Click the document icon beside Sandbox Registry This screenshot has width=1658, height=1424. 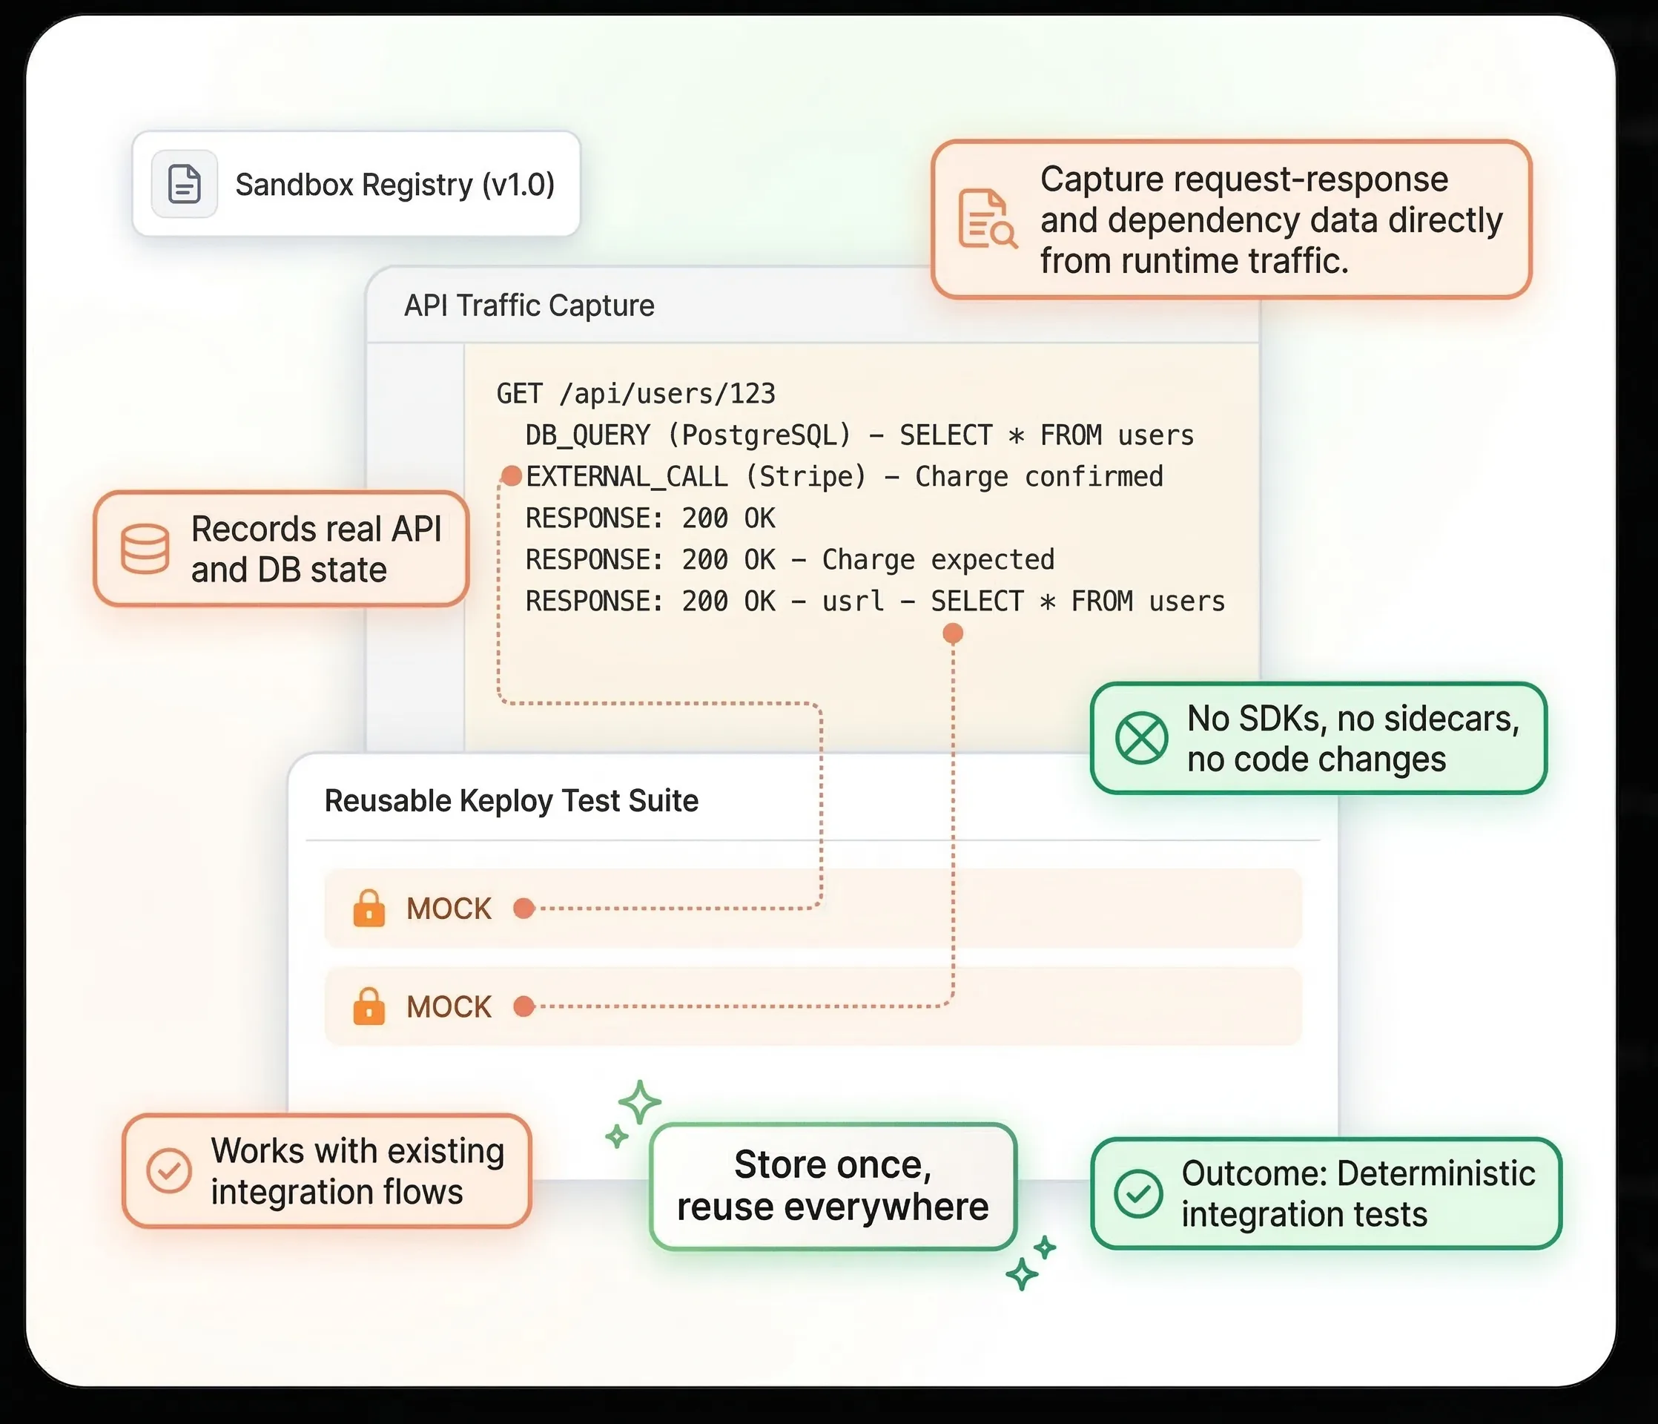pyautogui.click(x=184, y=184)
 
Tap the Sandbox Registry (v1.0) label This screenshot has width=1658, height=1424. pyautogui.click(x=394, y=185)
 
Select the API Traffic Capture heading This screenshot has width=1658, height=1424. pyautogui.click(x=529, y=306)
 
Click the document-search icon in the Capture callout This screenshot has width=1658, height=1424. pyautogui.click(x=988, y=219)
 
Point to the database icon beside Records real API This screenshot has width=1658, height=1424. pyautogui.click(x=145, y=549)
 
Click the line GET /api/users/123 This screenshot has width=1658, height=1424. pyautogui.click(x=635, y=394)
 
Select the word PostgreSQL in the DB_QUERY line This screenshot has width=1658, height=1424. pyautogui.click(x=759, y=435)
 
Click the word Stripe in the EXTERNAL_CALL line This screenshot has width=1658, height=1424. pyautogui.click(x=806, y=477)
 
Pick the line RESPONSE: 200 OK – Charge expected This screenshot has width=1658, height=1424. pyautogui.click(x=790, y=559)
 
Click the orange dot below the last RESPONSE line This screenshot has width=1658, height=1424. pyautogui.click(x=953, y=634)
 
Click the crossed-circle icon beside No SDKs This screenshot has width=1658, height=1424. pyautogui.click(x=1142, y=738)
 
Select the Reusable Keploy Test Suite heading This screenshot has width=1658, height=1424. pyautogui.click(x=512, y=800)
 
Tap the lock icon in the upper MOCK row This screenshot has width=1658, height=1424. pyautogui.click(x=369, y=909)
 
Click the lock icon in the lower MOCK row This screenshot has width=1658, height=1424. pyautogui.click(x=369, y=1006)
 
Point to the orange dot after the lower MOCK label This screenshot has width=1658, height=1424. pyautogui.click(x=524, y=1006)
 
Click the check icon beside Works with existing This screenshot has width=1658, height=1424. pyautogui.click(x=169, y=1171)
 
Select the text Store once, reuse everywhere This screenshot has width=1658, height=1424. pyautogui.click(x=833, y=1185)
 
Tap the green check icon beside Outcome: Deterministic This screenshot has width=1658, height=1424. pyautogui.click(x=1138, y=1193)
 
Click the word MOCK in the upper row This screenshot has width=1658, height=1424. pyautogui.click(x=449, y=909)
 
